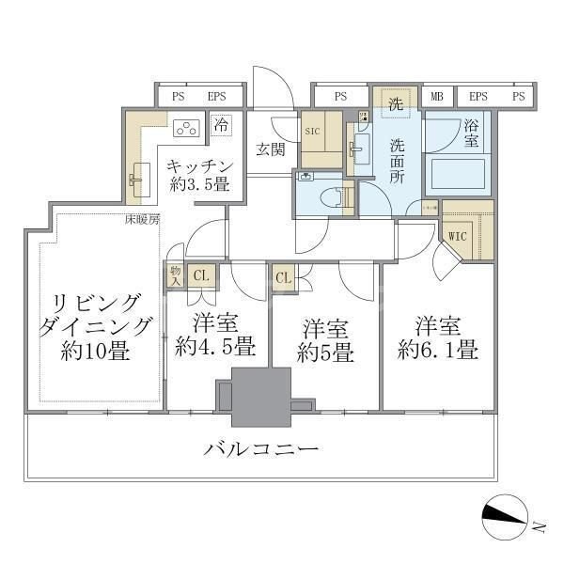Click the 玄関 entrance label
point(271,149)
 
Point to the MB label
point(437,96)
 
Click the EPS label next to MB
point(478,96)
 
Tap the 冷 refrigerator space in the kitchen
point(221,124)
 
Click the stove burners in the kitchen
point(186,128)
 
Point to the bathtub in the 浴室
point(458,175)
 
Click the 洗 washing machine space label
point(397,102)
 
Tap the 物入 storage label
point(175,274)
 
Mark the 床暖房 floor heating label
point(143,220)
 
